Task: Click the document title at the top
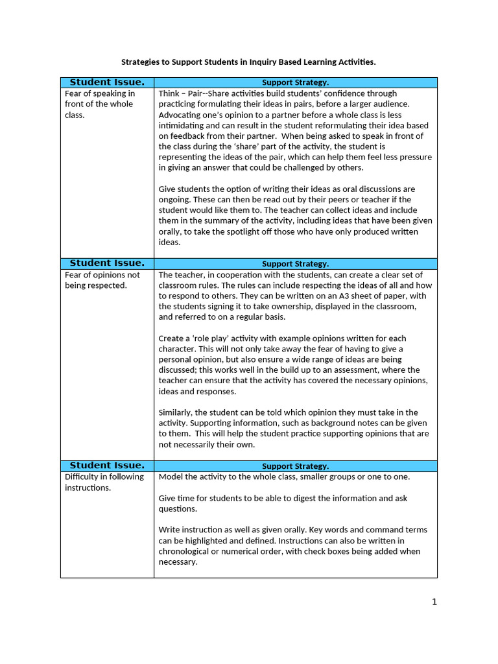click(x=248, y=62)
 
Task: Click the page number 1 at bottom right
click(x=434, y=602)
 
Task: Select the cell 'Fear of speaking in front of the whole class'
click(x=100, y=104)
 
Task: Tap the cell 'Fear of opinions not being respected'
click(x=102, y=279)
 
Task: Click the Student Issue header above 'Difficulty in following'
click(x=107, y=466)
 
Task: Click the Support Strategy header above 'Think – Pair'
click(x=295, y=83)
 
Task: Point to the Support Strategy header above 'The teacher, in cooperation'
click(x=295, y=264)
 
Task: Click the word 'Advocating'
click(x=180, y=115)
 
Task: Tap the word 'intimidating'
click(x=182, y=125)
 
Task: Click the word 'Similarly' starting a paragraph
click(x=176, y=412)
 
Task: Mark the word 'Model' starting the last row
click(x=171, y=477)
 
